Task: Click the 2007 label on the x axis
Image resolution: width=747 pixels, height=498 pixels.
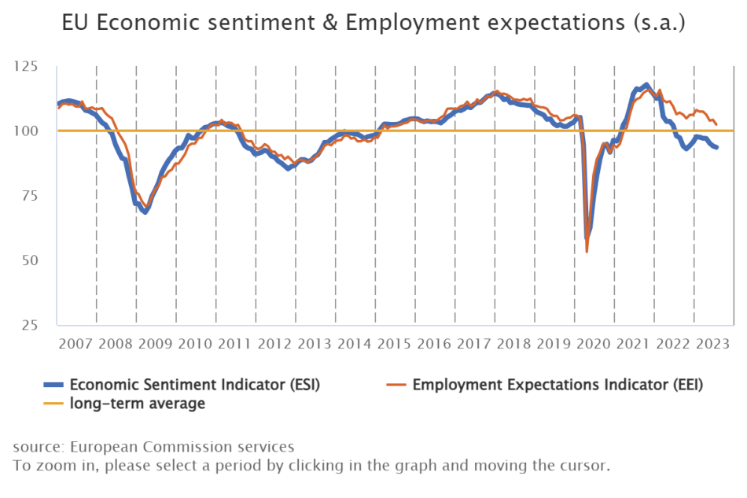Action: tap(76, 345)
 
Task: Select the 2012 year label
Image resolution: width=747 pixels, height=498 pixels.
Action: tap(275, 345)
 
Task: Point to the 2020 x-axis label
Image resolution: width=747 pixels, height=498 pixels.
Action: tap(594, 345)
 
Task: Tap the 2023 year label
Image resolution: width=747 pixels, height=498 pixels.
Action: tap(713, 345)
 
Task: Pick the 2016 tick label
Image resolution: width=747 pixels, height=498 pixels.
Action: tap(435, 345)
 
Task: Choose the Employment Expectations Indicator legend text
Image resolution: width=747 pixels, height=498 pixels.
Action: tap(557, 385)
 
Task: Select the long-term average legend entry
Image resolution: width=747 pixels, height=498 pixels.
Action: tap(138, 404)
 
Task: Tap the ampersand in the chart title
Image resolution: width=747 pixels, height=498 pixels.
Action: tap(330, 24)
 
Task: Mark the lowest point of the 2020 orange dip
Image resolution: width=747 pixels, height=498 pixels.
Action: tap(587, 252)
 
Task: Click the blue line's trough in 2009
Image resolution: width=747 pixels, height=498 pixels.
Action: tap(145, 212)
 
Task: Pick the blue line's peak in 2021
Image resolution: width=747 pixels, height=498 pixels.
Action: tap(646, 84)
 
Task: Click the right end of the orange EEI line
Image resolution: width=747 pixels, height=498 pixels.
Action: tap(716, 124)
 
